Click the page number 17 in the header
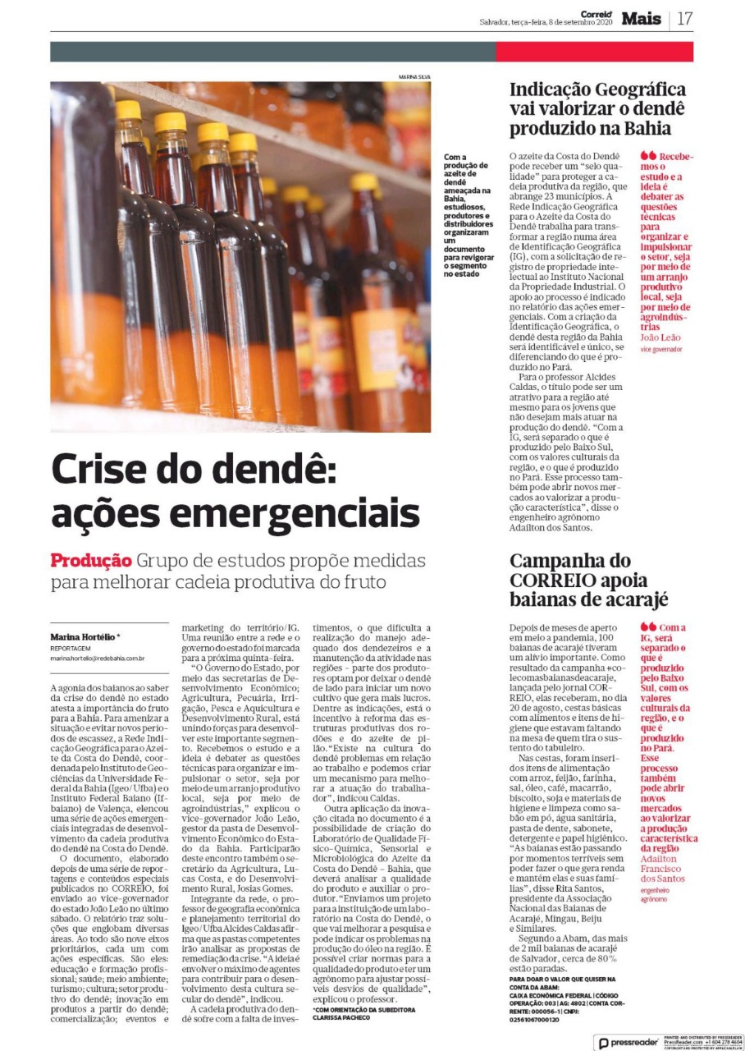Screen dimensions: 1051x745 pos(685,18)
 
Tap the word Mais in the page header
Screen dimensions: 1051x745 pos(641,18)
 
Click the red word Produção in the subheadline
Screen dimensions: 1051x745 pos(91,562)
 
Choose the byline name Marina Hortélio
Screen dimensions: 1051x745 pos(82,637)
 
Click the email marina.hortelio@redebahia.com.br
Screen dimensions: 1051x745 pos(98,658)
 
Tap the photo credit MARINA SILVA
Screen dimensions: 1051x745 pos(414,77)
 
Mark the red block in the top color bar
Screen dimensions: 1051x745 pos(594,52)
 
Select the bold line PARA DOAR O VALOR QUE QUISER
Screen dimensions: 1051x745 pos(562,980)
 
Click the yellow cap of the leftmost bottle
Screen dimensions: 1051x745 pos(128,109)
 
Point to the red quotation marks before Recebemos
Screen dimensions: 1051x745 pos(648,155)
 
